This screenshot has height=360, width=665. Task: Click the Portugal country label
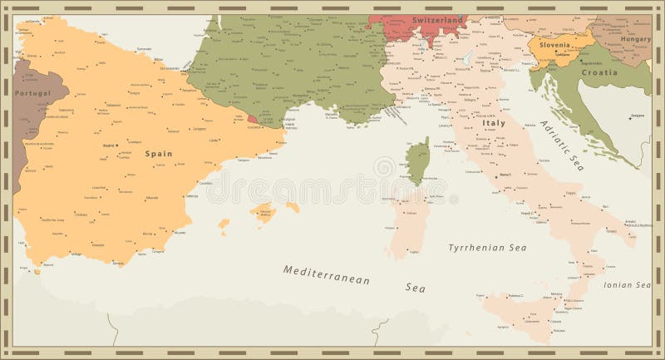pyautogui.click(x=32, y=93)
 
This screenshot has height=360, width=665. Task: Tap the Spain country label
pyautogui.click(x=158, y=153)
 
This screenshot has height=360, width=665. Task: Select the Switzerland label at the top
pyautogui.click(x=436, y=20)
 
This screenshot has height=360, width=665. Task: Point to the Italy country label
pyautogui.click(x=494, y=123)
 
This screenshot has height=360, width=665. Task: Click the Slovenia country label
pyautogui.click(x=556, y=45)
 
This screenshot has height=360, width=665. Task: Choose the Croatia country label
pyautogui.click(x=598, y=72)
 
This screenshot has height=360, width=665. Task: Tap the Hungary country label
pyautogui.click(x=635, y=38)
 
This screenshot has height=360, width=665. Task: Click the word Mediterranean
pyautogui.click(x=326, y=275)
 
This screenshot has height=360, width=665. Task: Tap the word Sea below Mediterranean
pyautogui.click(x=415, y=288)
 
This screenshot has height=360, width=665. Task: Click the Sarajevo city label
pyautogui.click(x=637, y=115)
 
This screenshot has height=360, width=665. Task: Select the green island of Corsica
pyautogui.click(x=417, y=161)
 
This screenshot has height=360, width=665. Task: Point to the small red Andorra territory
pyautogui.click(x=253, y=119)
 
